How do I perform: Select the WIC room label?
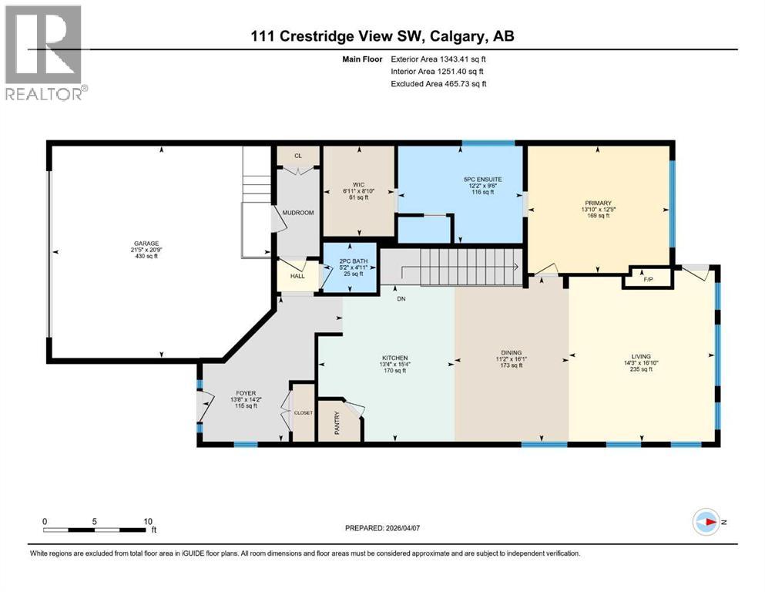coord(358,184)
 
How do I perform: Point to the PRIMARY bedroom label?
coord(598,203)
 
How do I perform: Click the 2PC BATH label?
coord(350,261)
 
